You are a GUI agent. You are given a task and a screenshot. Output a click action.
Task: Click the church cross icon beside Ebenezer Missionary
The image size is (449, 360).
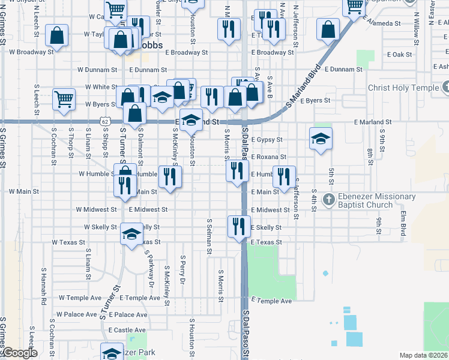click(328, 199)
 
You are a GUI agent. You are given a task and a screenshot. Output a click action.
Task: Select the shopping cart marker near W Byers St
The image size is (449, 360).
click(64, 99)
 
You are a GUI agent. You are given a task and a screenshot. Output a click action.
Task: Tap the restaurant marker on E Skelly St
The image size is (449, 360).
click(239, 226)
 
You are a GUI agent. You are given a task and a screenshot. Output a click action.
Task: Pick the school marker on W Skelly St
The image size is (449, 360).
click(130, 234)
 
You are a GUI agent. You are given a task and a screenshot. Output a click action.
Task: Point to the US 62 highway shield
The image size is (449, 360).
click(105, 122)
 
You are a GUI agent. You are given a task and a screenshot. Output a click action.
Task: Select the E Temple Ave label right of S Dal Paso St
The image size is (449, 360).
click(271, 301)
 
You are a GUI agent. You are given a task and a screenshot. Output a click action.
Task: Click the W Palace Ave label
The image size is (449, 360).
click(77, 314)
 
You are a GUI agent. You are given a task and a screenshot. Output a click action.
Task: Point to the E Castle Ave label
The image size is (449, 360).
click(127, 330)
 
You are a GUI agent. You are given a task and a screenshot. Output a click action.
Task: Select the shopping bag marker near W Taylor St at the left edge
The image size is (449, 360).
click(56, 35)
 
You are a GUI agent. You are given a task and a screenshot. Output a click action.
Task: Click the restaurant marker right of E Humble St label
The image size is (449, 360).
click(284, 176)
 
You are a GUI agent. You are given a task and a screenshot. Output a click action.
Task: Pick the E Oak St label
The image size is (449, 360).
click(399, 55)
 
